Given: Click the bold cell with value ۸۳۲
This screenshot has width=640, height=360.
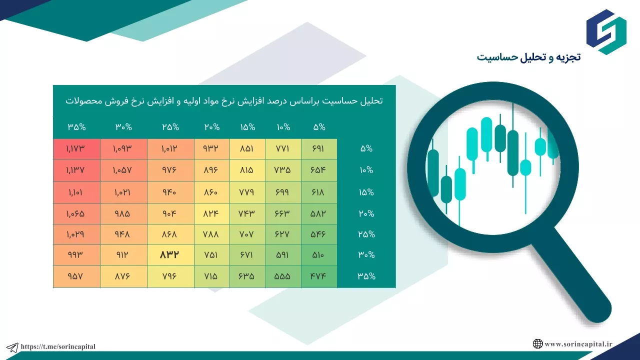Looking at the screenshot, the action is point(170,255).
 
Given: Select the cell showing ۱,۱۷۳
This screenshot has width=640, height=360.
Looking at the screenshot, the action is point(76,149).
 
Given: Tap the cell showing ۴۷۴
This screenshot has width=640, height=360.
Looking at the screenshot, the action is point(319,276).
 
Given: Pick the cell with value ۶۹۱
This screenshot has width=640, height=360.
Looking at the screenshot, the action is point(319,149).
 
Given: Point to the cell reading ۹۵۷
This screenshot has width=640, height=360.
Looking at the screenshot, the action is point(76,276).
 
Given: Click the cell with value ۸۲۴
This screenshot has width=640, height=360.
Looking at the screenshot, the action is point(211,213).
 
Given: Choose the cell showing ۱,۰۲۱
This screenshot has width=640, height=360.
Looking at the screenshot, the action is point(123,192).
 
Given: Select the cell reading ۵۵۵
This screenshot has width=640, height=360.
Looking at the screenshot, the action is point(283,276).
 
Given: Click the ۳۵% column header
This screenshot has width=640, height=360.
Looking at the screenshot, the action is point(76,127).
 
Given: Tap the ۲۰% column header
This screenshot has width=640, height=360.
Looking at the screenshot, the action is point(211,127).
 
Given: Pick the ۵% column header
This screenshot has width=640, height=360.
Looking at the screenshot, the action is point(319,127).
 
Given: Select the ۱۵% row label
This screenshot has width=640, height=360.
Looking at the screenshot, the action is point(366,192).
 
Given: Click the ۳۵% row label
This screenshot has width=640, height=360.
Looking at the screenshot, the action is point(366,276).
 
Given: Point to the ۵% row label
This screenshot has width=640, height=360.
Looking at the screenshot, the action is point(366,148).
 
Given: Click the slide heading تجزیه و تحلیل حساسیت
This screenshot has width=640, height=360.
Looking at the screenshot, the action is point(528,57).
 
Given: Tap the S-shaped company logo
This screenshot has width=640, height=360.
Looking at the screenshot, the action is point(606,32).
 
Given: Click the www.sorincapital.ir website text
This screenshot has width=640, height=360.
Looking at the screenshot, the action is point(578,344).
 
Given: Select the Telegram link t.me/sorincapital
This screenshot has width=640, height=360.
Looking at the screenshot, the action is point(58,346).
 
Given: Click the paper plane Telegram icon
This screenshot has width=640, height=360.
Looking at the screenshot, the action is point(12,347).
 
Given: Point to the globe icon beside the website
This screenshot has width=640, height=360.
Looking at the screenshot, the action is point(537,344).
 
